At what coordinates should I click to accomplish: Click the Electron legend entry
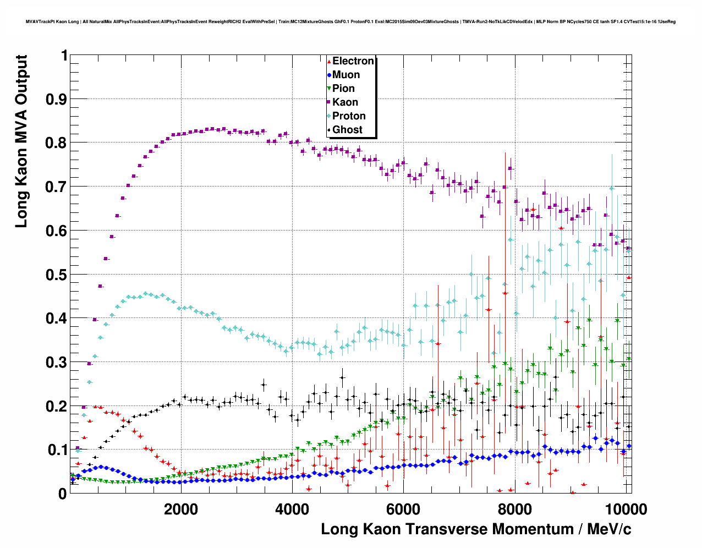353,61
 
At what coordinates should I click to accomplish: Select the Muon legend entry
345,75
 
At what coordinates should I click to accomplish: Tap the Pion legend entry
343,89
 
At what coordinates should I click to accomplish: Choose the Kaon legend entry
345,102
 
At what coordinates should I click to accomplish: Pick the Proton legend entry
349,116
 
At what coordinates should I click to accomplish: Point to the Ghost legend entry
347,130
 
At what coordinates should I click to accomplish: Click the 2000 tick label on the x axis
181,509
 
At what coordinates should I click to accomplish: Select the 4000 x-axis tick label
292,509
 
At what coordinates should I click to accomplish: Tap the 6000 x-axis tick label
403,509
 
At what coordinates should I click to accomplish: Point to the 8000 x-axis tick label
514,509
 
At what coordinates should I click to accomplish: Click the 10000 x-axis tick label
625,509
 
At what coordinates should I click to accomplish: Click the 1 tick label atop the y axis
64,56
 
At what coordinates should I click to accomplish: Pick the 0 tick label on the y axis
63,494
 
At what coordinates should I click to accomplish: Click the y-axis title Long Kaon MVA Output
21,141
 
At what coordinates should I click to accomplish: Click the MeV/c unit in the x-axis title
609,529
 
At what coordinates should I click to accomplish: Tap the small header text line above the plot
350,22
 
